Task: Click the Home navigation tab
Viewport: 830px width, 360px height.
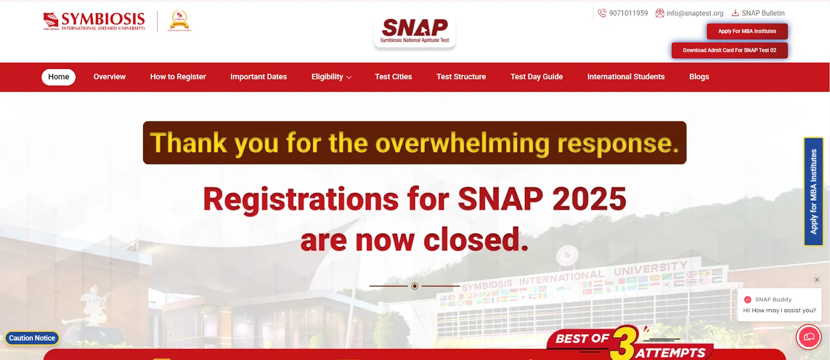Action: (x=59, y=77)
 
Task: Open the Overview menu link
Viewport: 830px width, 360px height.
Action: (x=109, y=77)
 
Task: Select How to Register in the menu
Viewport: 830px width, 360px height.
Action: (x=178, y=77)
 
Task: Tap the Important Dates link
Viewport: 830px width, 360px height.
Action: (x=258, y=77)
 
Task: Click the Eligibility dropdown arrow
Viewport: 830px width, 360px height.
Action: (x=349, y=77)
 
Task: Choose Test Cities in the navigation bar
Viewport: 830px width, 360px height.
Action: (x=393, y=77)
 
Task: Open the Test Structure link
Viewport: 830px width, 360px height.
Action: (x=461, y=77)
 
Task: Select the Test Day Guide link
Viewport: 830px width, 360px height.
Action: (x=536, y=77)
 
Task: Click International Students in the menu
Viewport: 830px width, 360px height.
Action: (x=626, y=77)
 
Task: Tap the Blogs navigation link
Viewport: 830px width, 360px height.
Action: (x=699, y=77)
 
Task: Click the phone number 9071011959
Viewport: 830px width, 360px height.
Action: (x=628, y=13)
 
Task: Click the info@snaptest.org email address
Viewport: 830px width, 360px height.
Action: (x=694, y=13)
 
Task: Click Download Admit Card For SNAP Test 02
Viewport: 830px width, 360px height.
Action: (x=729, y=50)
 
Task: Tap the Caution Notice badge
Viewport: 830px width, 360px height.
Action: (x=32, y=338)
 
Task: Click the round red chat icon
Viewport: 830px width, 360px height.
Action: (x=809, y=337)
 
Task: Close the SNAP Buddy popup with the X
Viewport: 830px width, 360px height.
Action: (x=817, y=280)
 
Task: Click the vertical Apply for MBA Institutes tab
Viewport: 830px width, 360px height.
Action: (x=813, y=191)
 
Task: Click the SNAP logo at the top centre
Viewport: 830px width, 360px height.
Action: (x=414, y=31)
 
